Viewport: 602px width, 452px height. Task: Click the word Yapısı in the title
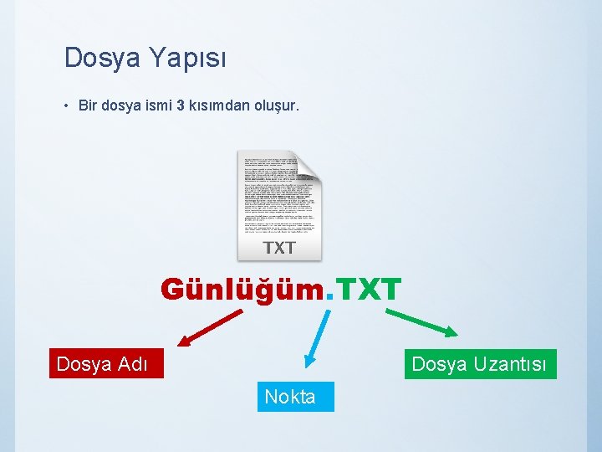pyautogui.click(x=187, y=59)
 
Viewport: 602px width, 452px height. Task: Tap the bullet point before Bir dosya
pyautogui.click(x=65, y=106)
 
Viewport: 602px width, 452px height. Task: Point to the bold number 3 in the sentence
pyautogui.click(x=181, y=106)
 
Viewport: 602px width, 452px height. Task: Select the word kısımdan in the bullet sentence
pyautogui.click(x=217, y=106)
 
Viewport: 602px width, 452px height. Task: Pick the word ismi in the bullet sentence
pyautogui.click(x=156, y=106)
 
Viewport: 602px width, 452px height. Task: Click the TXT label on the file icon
pyautogui.click(x=279, y=247)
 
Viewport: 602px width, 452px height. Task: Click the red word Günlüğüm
pyautogui.click(x=242, y=290)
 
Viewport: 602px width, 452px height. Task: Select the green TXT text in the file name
pyautogui.click(x=369, y=290)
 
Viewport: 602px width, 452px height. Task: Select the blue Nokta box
pyautogui.click(x=290, y=397)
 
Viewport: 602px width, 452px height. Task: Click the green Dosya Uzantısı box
pyautogui.click(x=480, y=364)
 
